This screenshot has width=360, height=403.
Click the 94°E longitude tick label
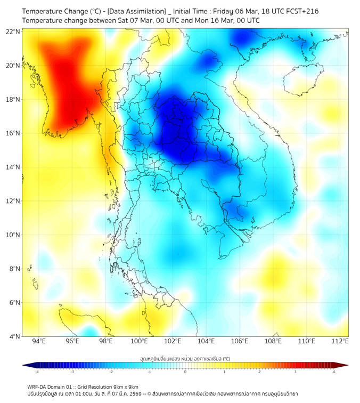[39, 342]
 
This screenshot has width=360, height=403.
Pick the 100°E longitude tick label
[139, 342]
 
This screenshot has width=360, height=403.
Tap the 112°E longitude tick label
[340, 342]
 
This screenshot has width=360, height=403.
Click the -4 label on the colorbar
[36, 372]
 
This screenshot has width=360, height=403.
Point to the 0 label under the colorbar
[185, 372]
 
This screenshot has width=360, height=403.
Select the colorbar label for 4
[334, 372]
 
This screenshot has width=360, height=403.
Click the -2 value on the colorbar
[110, 372]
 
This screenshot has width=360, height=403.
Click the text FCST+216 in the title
[301, 11]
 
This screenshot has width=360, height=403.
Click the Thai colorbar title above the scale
[185, 358]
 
